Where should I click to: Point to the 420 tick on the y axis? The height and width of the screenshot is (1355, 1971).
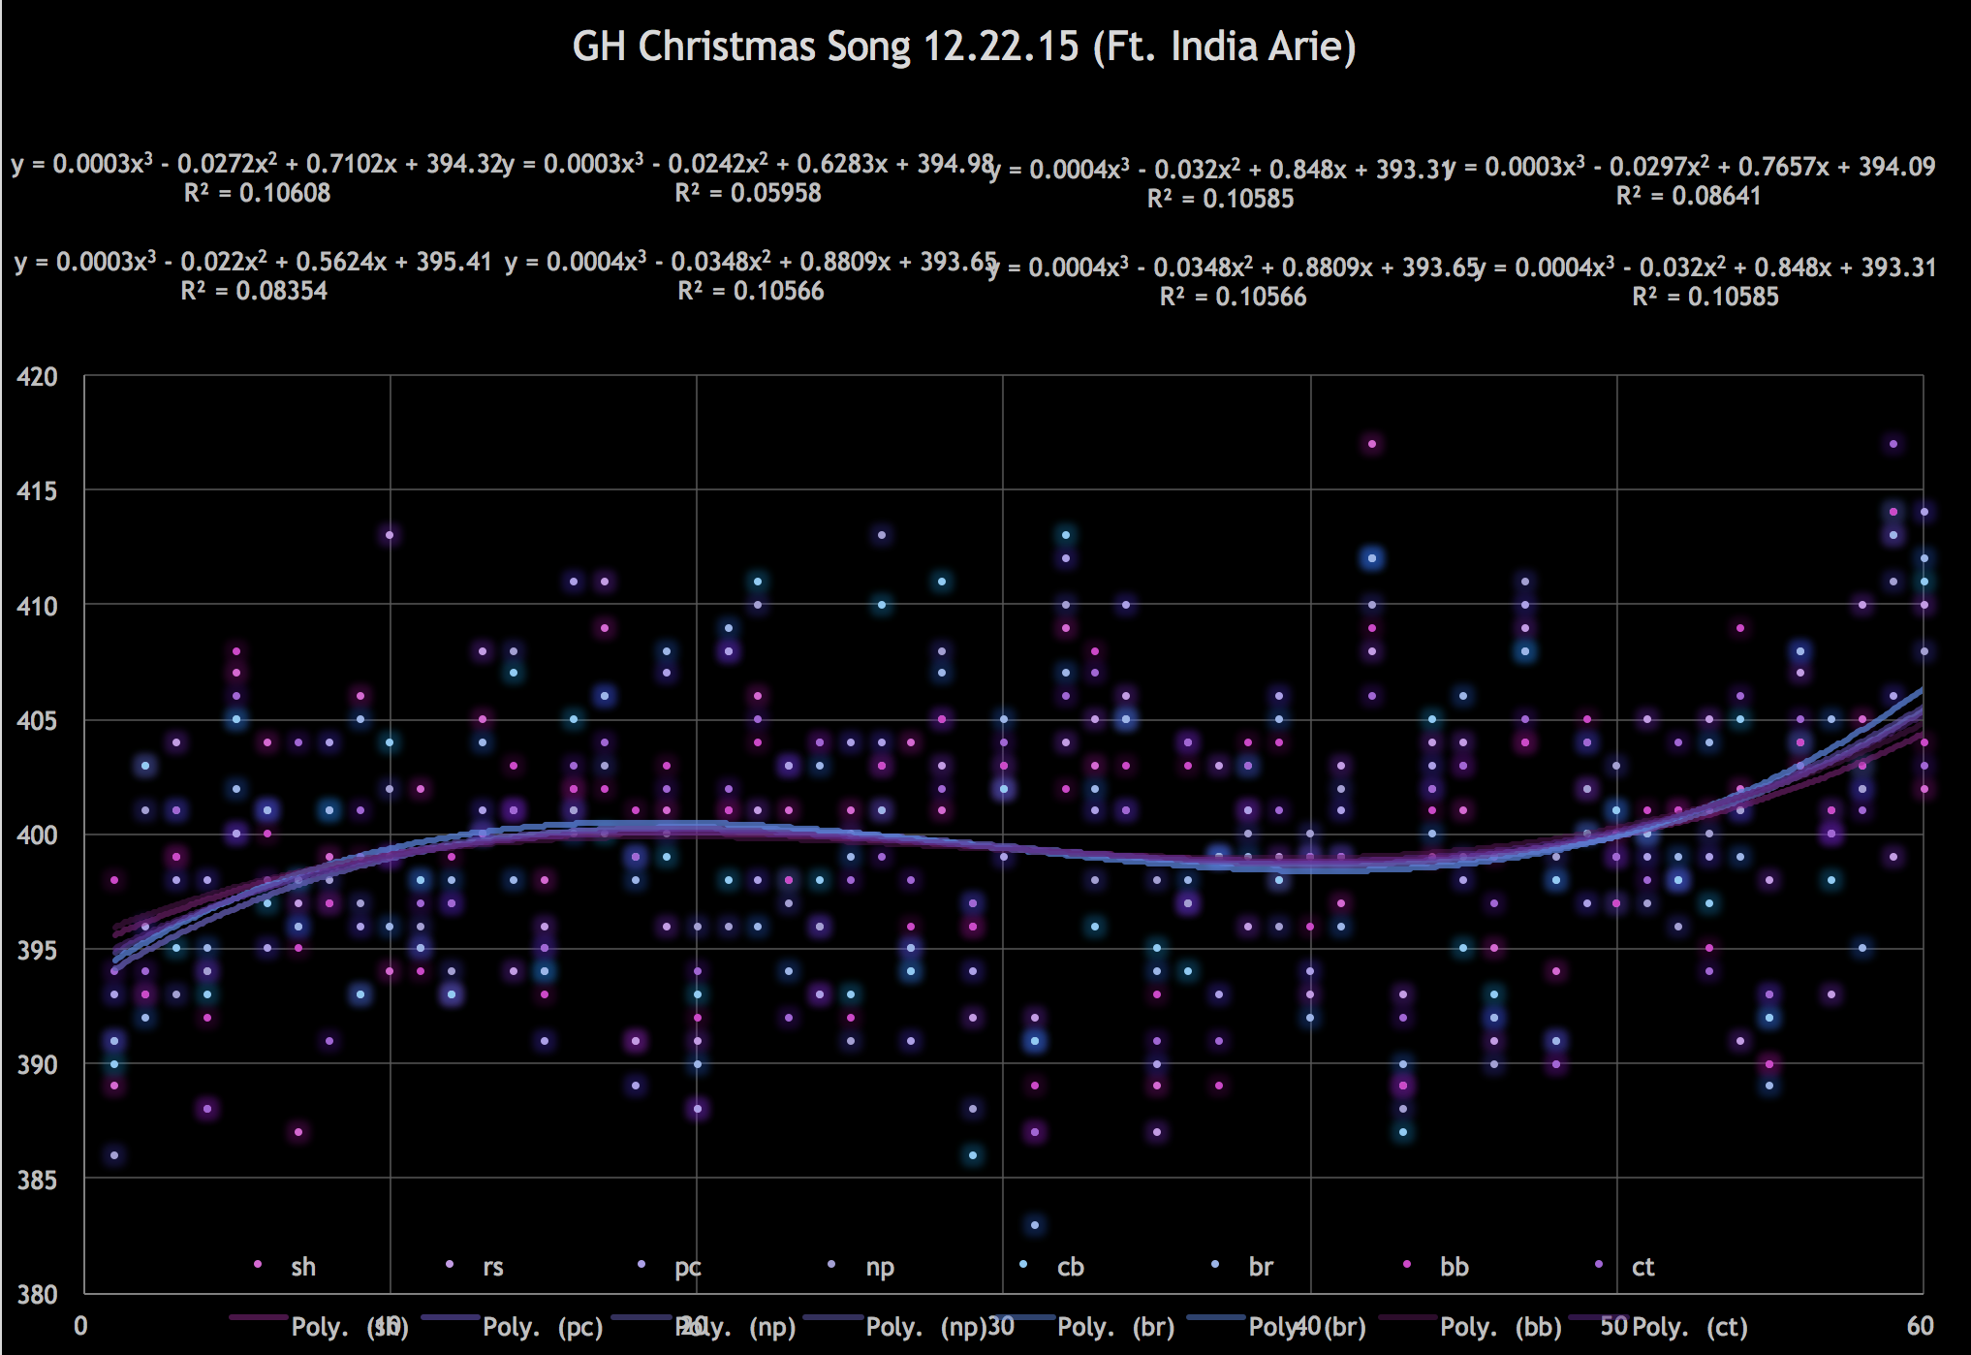37,376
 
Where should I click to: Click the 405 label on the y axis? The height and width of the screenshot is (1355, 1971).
37,720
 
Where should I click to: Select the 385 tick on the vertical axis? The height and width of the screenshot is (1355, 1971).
37,1180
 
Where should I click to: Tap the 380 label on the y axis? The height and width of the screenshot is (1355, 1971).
37,1294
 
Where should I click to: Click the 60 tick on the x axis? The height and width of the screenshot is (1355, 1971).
1921,1326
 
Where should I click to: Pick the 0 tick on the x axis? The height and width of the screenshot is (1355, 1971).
81,1326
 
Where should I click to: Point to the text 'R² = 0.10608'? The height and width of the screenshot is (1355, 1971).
257,194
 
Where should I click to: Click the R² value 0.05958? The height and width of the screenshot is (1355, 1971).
748,194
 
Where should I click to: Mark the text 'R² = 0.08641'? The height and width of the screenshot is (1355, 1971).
1688,197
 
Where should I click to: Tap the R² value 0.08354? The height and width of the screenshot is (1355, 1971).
254,292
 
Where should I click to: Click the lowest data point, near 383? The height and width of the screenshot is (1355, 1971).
1035,1225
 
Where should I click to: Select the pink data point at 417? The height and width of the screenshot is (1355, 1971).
1372,445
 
